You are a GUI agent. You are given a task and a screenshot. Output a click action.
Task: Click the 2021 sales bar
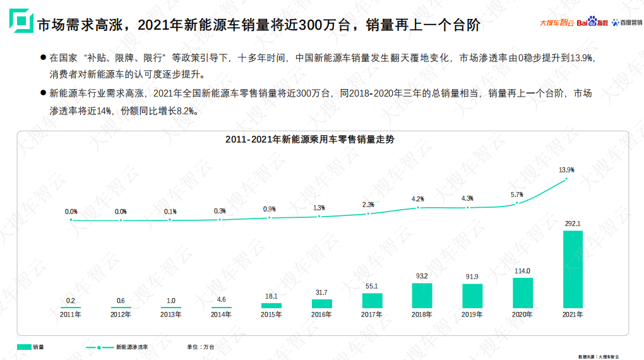coord(573,268)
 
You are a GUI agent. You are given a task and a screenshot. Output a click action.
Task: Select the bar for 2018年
coord(422,295)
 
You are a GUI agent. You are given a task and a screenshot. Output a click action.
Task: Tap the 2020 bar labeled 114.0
coord(522,292)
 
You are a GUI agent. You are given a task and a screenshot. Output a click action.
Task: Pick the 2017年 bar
coord(371,301)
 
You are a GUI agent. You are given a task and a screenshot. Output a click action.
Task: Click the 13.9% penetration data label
coord(566,170)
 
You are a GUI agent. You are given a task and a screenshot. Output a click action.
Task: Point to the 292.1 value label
coord(573,224)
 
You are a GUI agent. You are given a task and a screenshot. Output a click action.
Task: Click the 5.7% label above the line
coord(516,195)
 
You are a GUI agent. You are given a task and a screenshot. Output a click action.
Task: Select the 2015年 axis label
coord(271,314)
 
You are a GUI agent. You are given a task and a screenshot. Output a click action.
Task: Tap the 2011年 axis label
coord(70,314)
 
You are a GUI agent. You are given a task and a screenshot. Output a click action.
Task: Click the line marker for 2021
coord(566,179)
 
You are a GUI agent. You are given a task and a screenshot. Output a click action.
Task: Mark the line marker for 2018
coord(418,208)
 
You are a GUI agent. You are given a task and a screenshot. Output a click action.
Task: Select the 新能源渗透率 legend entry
coord(117,347)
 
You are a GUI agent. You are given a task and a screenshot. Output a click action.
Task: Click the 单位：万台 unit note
coord(200,347)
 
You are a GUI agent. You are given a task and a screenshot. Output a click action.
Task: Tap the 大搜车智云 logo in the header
coord(557,23)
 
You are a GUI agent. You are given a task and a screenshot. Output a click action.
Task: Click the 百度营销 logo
coord(627,23)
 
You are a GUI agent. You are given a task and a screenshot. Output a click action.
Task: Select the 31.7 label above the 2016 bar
coord(321,292)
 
